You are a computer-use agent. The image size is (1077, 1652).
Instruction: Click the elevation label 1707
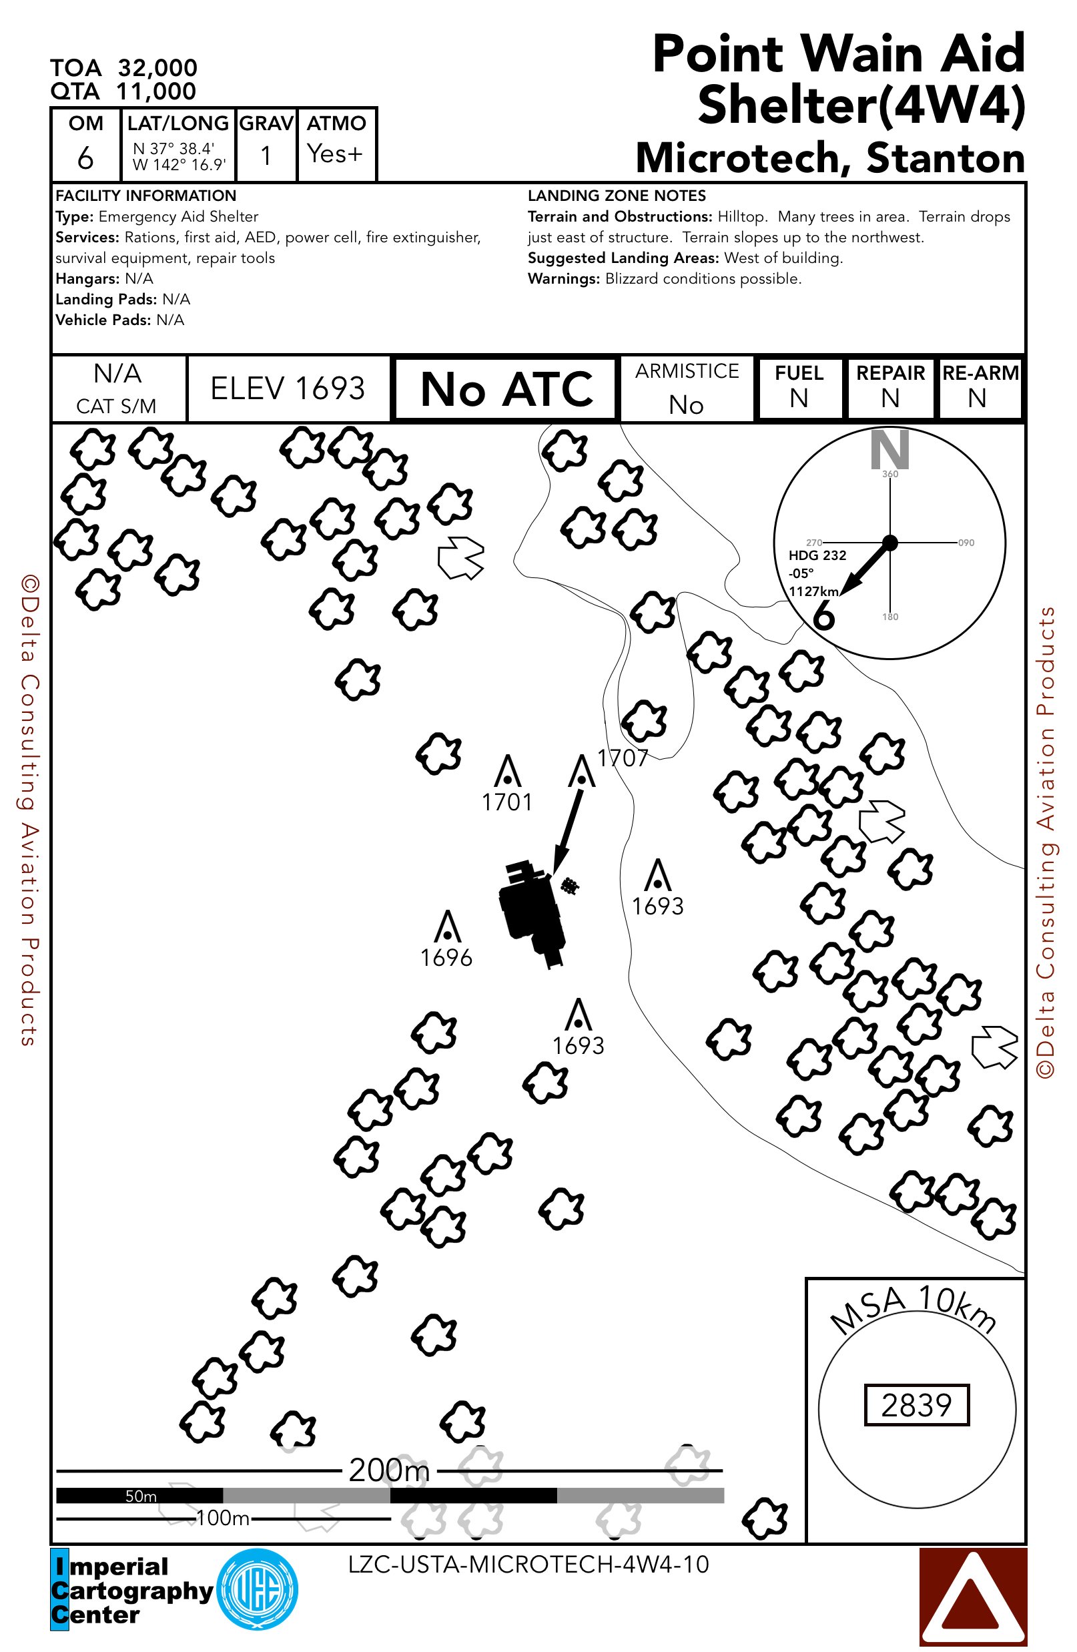click(623, 758)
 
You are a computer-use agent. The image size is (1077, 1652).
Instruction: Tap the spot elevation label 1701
click(506, 802)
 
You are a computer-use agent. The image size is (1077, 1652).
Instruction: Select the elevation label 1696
click(446, 958)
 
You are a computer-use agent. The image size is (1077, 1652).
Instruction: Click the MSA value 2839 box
click(916, 1405)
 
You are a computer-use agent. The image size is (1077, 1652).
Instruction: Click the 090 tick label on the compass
click(966, 543)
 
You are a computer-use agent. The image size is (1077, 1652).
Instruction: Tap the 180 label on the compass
click(889, 617)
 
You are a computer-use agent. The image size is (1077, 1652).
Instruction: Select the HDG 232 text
click(817, 555)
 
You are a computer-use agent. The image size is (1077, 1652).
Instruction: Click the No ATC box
click(506, 388)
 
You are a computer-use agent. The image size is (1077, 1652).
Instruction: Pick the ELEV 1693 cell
click(288, 388)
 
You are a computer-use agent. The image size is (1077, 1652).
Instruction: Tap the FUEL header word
click(799, 373)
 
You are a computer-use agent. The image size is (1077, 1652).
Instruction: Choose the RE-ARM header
click(980, 373)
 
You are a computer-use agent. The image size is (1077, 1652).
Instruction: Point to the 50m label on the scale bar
click(141, 1496)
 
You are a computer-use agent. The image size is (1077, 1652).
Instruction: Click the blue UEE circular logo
click(257, 1589)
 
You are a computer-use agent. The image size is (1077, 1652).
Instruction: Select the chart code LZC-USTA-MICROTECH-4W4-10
click(528, 1565)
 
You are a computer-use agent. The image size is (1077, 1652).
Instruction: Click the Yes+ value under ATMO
click(335, 154)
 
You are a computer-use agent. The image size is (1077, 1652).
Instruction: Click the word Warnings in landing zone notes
click(563, 279)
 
